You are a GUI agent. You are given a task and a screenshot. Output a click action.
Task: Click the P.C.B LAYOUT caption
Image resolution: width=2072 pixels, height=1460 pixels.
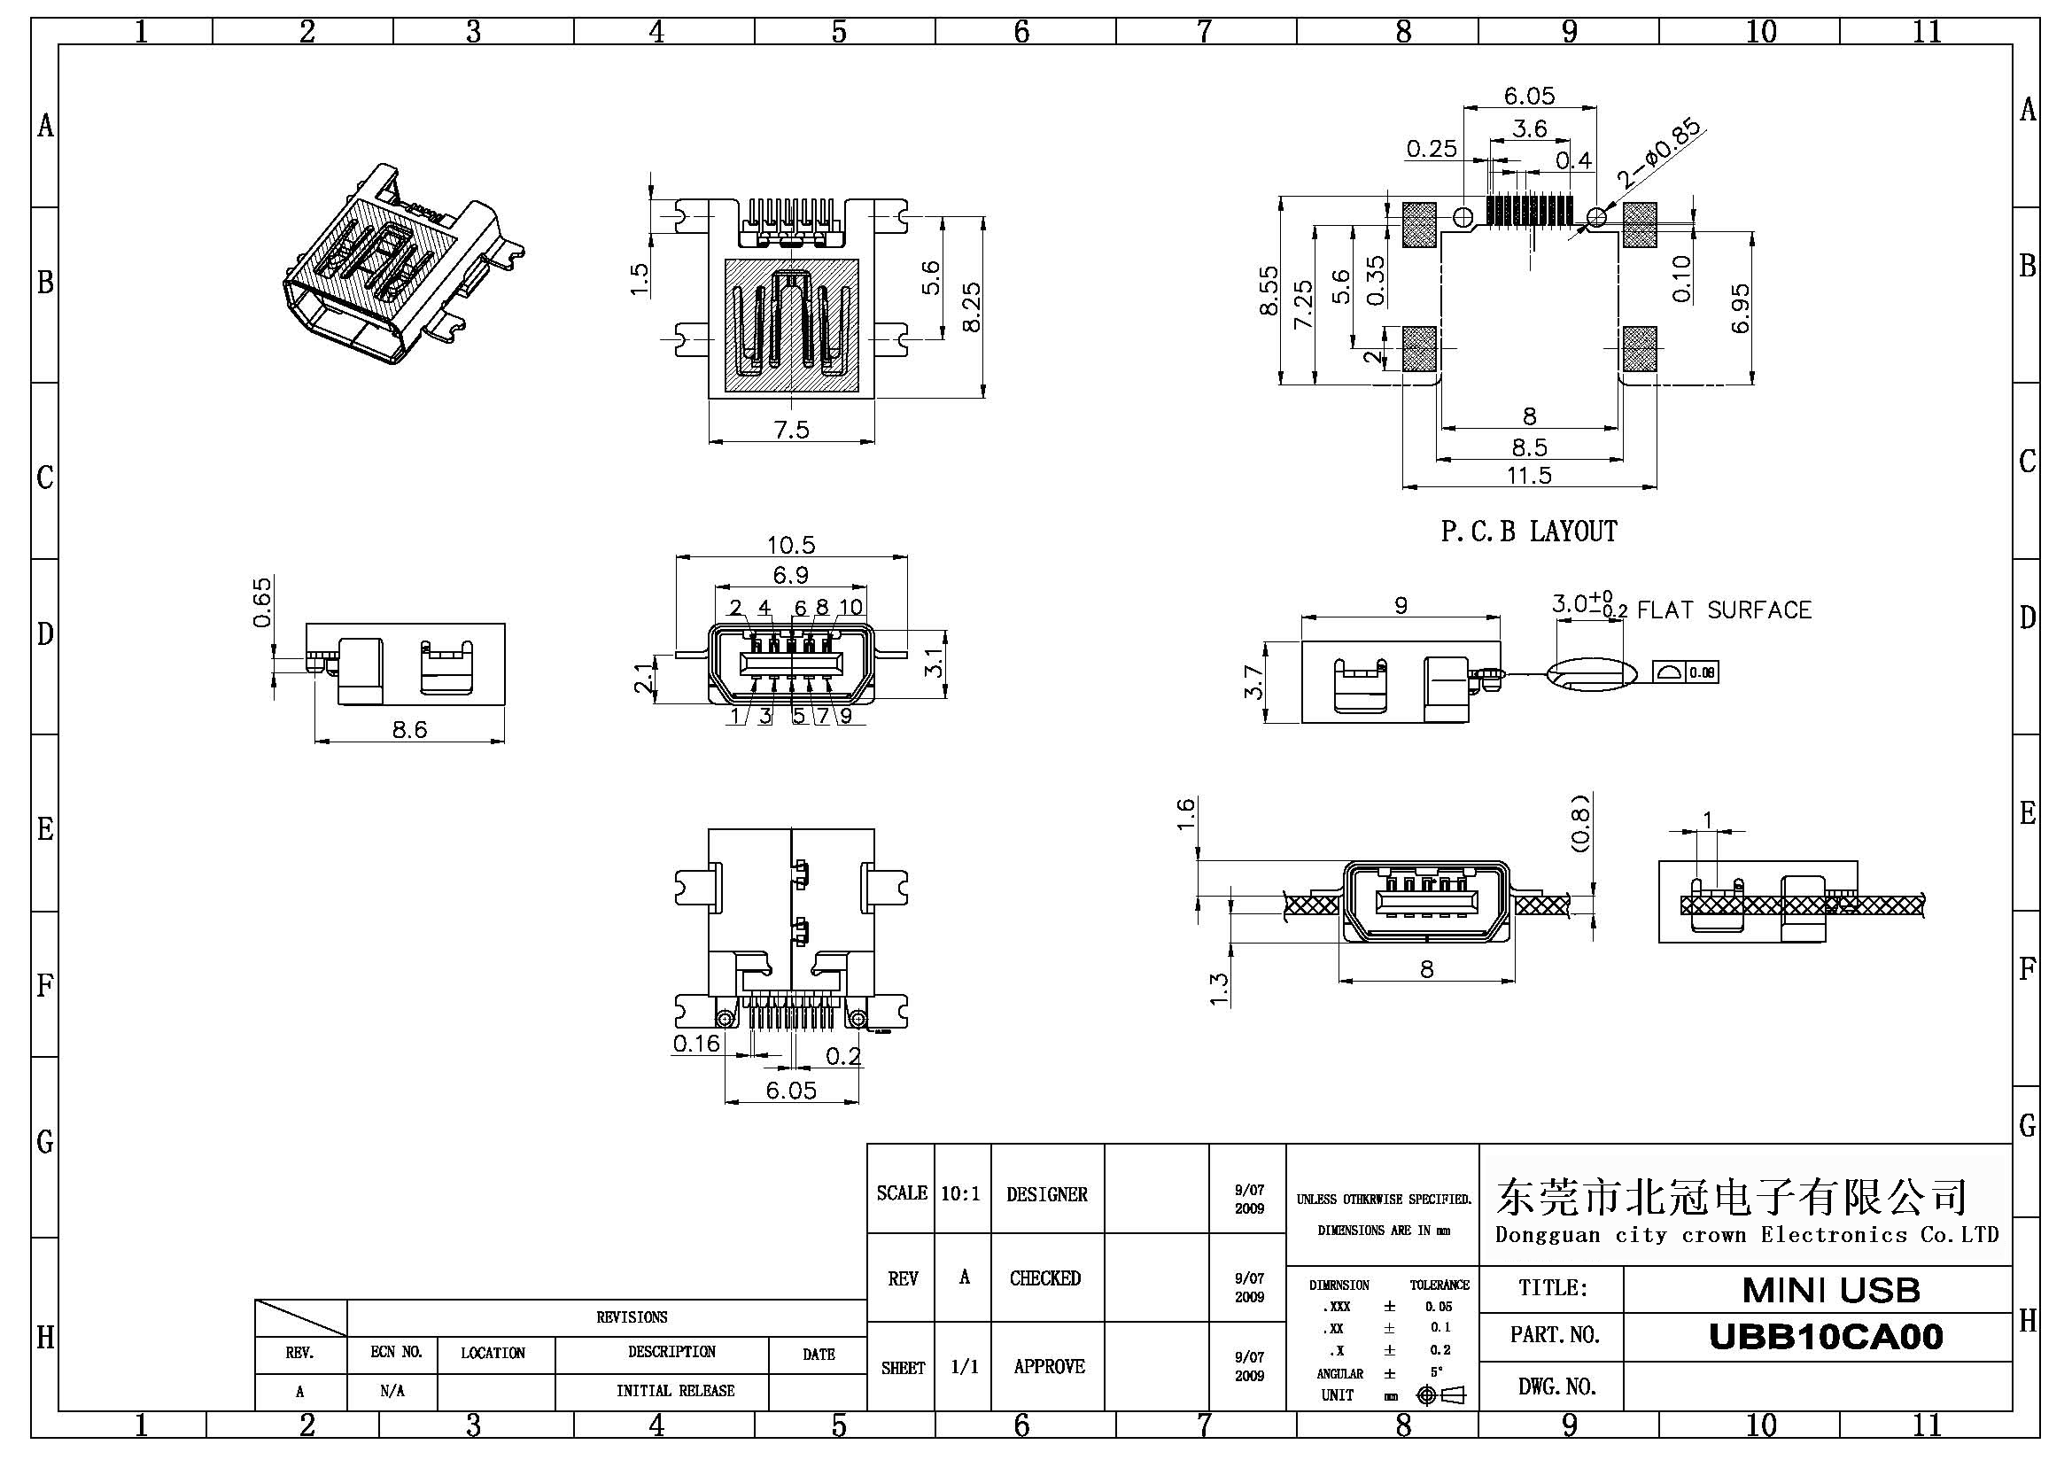1529,532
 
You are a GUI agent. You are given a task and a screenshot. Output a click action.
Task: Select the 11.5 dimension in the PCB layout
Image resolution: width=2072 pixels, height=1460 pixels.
1529,476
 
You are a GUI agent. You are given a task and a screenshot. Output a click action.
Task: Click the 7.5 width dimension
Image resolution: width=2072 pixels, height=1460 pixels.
791,430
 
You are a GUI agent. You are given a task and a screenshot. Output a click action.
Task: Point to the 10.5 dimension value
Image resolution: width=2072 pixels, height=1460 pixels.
790,545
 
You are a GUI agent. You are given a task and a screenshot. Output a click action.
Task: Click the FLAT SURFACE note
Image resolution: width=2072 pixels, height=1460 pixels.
1724,611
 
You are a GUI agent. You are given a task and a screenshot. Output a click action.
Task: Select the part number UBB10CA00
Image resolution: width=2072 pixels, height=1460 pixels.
1826,1336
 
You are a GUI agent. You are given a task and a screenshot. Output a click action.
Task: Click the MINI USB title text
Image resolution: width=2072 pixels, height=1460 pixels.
1831,1291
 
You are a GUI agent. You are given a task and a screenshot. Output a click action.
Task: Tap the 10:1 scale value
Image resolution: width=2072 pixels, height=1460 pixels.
960,1194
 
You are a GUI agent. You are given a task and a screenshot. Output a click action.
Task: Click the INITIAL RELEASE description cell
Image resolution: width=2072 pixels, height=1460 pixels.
675,1391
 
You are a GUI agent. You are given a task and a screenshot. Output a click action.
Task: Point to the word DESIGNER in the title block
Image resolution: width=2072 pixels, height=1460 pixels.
1047,1195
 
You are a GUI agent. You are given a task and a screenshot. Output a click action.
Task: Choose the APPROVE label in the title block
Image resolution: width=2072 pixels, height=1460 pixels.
1049,1366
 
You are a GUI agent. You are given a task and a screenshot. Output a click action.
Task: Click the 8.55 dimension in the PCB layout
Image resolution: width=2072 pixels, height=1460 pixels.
1269,290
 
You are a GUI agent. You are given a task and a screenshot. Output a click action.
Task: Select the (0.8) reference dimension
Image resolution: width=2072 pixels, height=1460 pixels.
1579,823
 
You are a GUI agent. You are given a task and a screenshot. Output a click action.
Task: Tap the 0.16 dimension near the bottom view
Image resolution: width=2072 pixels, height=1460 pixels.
696,1044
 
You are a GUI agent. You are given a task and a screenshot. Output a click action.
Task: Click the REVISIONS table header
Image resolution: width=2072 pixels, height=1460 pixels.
632,1317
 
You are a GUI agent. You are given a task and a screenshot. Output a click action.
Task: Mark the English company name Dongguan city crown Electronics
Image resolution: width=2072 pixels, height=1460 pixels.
1746,1234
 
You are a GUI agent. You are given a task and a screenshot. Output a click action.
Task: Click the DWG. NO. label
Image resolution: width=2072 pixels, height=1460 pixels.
1556,1386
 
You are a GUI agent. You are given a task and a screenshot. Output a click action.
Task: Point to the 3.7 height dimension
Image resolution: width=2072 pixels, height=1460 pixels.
1253,681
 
